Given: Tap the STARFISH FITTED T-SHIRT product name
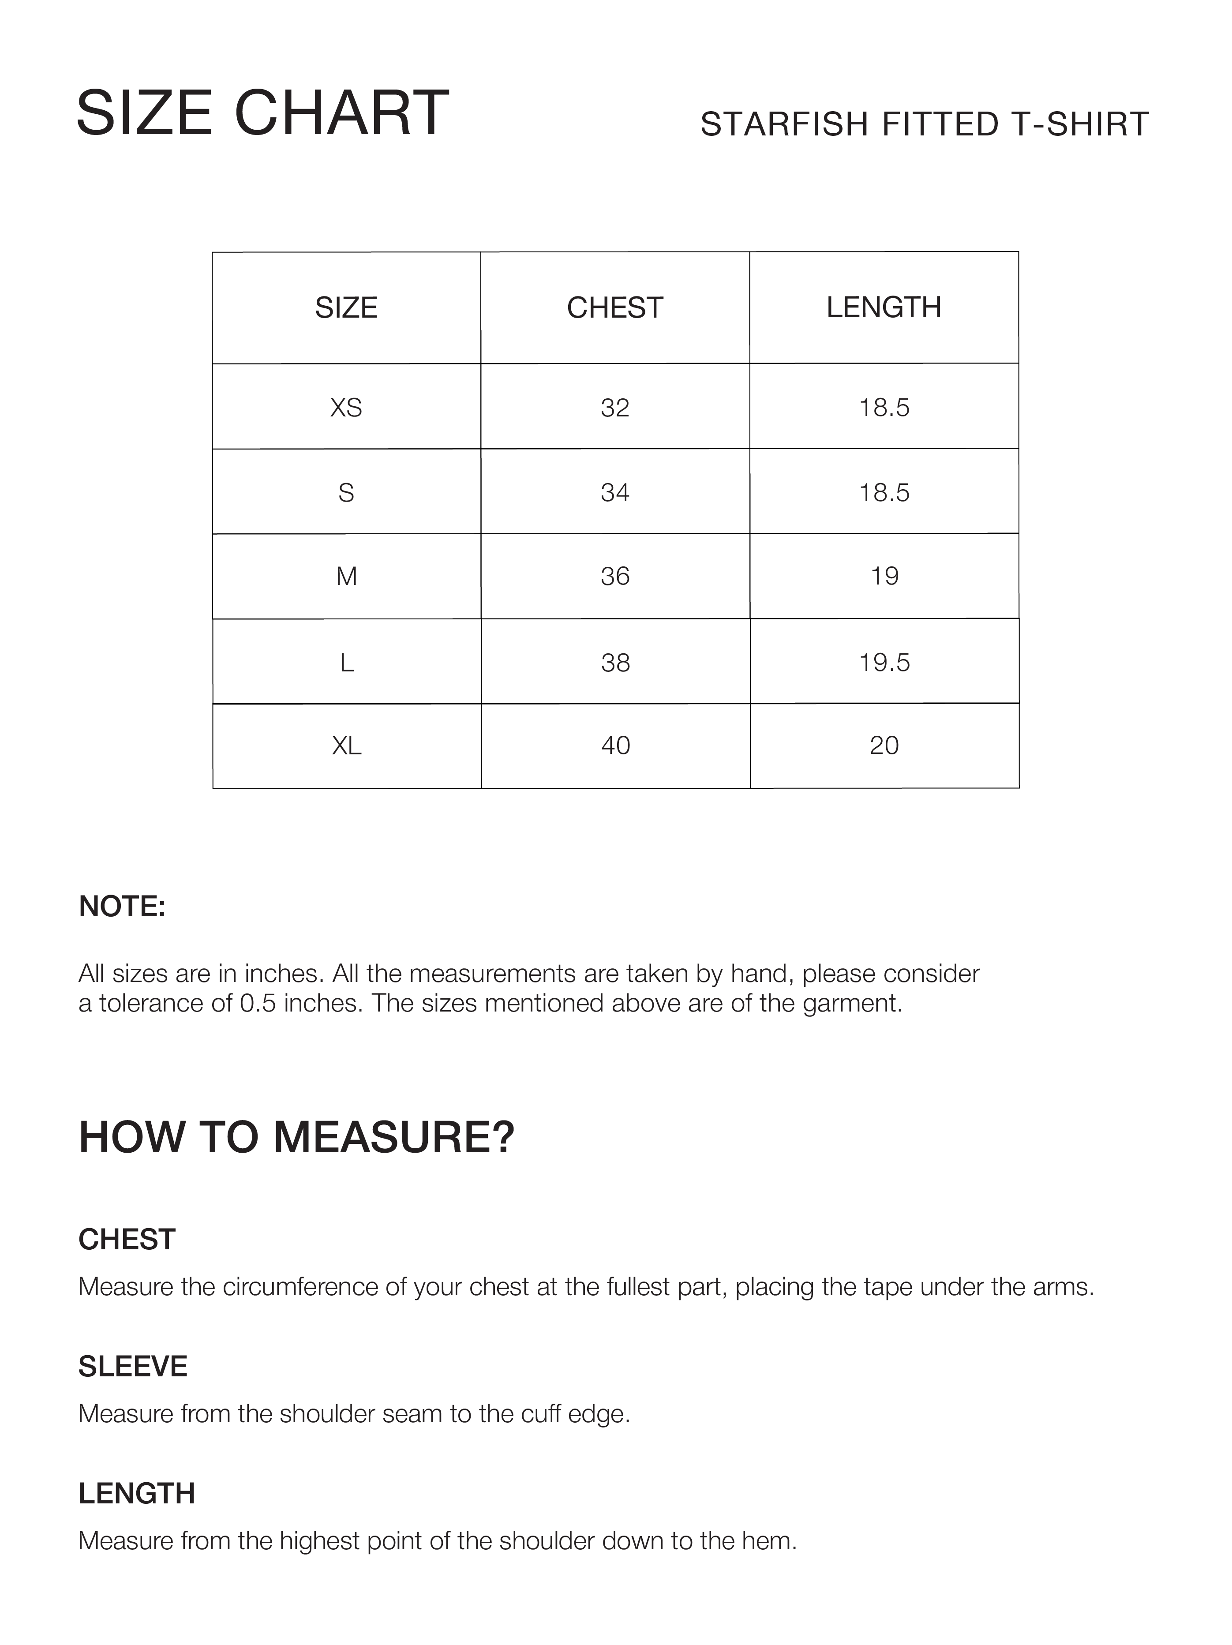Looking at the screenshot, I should tap(924, 124).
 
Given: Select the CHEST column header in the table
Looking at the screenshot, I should tap(615, 307).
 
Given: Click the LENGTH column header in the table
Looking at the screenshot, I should tap(883, 307).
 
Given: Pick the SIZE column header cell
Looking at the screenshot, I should tap(346, 307).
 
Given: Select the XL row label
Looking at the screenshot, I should tap(346, 745).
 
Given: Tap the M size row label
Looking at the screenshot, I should tap(346, 576).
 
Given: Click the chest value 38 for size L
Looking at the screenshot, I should tap(615, 662).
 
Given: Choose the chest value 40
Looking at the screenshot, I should tap(615, 745).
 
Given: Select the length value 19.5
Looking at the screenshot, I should tap(884, 662).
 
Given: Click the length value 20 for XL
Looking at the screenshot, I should tap(884, 745).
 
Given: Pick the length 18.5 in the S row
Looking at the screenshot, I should tap(884, 492).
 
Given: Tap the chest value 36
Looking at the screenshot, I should tap(615, 576).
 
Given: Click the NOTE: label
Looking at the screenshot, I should tap(122, 907).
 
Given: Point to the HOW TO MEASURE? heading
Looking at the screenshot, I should tap(296, 1137).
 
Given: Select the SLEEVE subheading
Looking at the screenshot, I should tap(132, 1366).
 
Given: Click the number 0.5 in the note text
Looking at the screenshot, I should tap(257, 1003).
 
